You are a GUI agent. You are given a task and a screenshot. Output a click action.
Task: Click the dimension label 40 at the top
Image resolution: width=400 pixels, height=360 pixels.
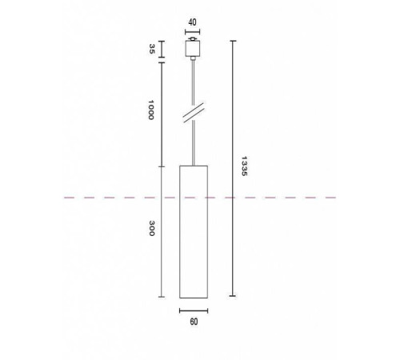[x=193, y=22]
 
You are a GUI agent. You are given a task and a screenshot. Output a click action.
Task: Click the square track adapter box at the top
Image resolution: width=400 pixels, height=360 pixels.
[x=193, y=50]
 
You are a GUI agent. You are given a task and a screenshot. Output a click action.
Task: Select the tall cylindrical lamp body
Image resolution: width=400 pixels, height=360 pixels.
[x=193, y=232]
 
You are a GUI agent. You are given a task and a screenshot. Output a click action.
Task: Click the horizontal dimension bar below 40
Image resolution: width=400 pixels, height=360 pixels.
[x=193, y=34]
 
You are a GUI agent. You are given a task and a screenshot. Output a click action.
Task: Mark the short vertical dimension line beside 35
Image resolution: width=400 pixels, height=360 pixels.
[x=162, y=50]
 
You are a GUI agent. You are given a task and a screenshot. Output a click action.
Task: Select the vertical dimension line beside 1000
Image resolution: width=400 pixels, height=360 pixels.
[x=162, y=112]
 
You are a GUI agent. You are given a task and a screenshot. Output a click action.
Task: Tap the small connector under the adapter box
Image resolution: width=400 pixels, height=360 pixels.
[x=193, y=60]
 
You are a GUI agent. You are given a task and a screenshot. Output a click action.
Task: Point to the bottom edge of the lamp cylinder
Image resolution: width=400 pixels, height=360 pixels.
[x=193, y=297]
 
